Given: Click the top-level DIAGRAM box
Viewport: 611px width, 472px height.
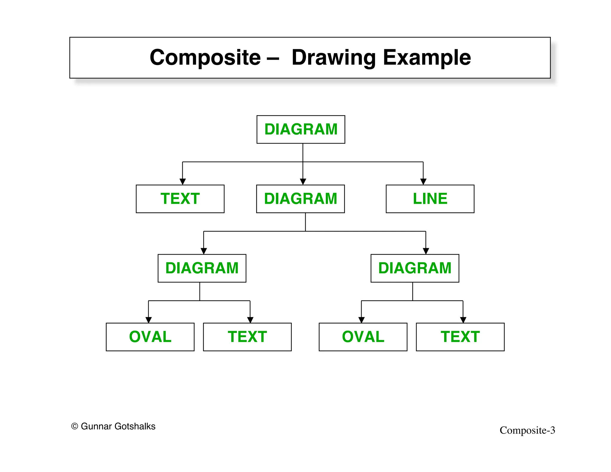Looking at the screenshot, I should pos(301,129).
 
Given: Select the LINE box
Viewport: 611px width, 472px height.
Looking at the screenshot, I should pos(430,199).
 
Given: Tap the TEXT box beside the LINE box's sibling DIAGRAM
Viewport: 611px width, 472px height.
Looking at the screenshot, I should pos(180,199).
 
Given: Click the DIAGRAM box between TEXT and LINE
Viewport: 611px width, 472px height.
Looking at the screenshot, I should pos(300,199).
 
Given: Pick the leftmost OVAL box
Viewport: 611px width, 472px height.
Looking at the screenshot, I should pos(150,337).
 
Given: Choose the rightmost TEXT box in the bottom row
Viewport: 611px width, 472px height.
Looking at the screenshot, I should pos(460,337).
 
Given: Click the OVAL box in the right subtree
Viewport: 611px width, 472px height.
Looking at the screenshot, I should pos(363,337).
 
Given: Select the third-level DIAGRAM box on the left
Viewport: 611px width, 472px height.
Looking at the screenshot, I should pos(202,268).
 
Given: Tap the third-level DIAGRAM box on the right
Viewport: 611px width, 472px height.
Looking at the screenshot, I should pos(415,268).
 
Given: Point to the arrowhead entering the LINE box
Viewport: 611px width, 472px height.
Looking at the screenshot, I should pos(423,182).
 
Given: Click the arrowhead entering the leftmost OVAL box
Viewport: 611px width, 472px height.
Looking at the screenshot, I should pos(149,320).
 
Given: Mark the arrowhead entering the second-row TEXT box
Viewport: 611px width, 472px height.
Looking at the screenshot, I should pos(183,182).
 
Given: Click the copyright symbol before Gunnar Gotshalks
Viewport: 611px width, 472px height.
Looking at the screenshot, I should pos(75,426).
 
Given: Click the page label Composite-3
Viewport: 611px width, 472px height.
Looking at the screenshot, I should pos(527,430).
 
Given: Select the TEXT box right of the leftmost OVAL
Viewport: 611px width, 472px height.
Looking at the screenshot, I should pos(247,337).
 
